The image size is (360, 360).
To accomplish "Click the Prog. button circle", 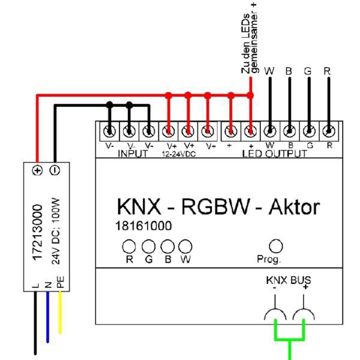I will [276, 247].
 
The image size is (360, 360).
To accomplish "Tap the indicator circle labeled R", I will [128, 247].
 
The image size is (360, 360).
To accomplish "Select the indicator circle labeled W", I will [186, 247].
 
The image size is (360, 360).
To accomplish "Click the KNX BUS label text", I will [289, 281].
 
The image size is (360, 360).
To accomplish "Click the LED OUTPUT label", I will [274, 154].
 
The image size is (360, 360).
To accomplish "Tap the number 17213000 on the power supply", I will [36, 229].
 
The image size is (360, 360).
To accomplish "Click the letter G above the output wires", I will [308, 71].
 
